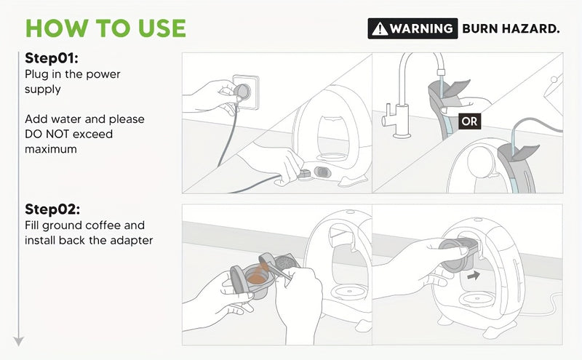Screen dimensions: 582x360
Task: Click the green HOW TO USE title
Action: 105,28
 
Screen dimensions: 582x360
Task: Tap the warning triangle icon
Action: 380,28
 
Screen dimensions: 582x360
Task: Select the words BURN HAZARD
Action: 511,28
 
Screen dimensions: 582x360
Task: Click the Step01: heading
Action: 52,58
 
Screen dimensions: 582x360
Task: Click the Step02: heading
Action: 52,209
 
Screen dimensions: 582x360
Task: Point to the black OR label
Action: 469,121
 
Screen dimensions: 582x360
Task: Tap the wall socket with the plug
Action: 245,92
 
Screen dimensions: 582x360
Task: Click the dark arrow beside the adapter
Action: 474,276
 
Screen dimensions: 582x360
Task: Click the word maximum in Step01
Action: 51,149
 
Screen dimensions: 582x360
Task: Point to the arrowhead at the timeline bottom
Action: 19,341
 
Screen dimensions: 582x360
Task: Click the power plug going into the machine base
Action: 305,174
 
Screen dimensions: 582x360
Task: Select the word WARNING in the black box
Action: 421,28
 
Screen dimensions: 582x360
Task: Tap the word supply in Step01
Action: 43,89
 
